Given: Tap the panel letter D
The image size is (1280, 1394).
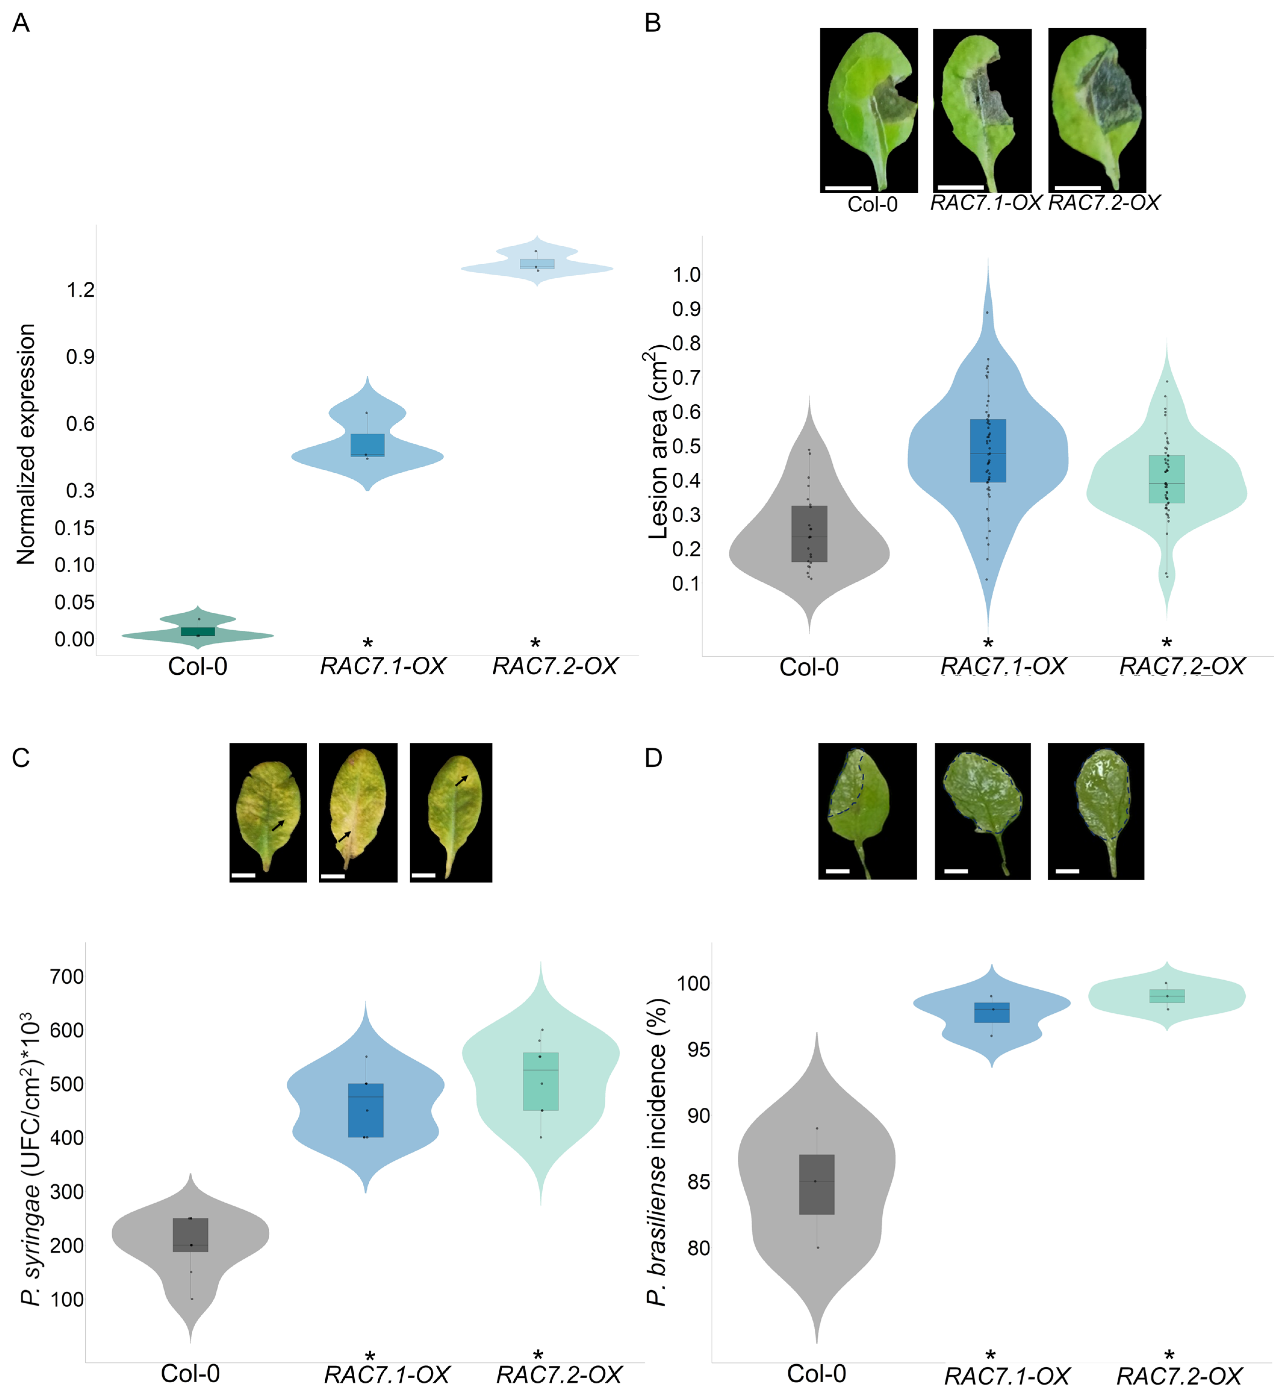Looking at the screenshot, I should [653, 758].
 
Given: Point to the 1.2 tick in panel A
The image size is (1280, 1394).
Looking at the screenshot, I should [80, 290].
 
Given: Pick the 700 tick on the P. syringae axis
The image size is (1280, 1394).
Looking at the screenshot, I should [67, 977].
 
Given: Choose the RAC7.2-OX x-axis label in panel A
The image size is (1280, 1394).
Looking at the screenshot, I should [555, 667].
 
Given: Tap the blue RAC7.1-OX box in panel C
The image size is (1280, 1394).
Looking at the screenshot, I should [366, 1110].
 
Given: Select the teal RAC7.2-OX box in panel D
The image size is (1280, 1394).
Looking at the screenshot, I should [1167, 996].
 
